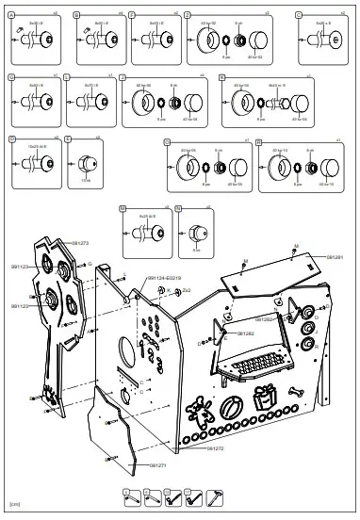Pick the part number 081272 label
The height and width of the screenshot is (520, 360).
pyautogui.click(x=216, y=448)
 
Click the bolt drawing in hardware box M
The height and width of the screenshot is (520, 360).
pyautogui.click(x=144, y=226)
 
